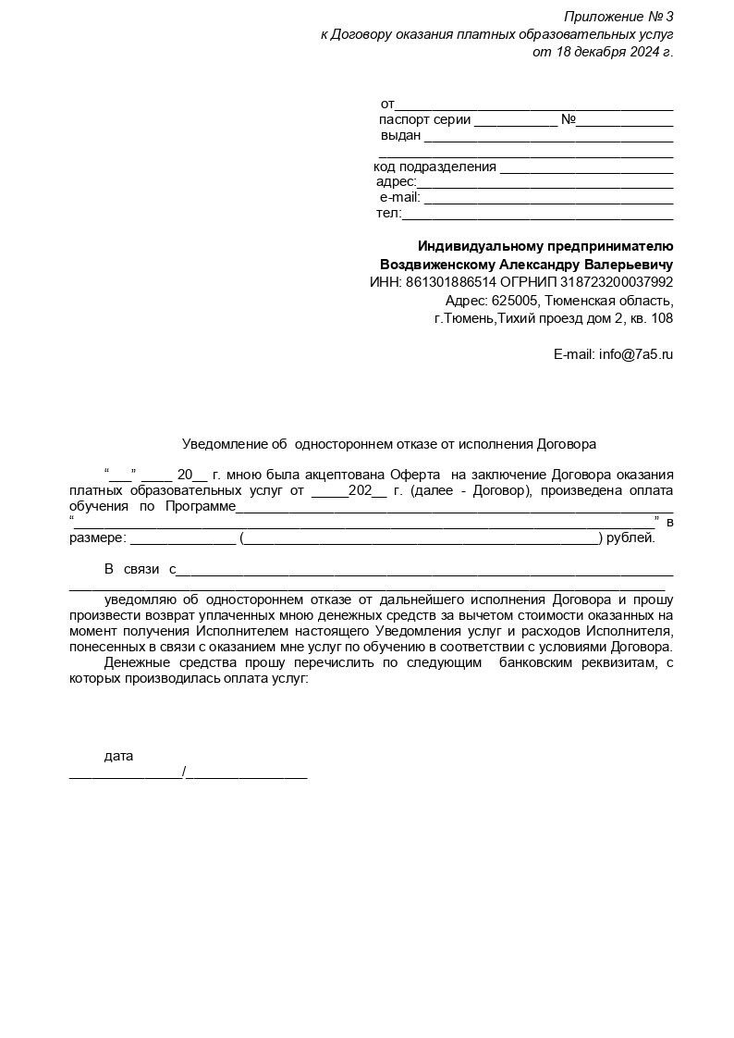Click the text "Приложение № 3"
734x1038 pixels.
point(618,17)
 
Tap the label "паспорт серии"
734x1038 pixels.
point(425,120)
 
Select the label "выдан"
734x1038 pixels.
point(400,136)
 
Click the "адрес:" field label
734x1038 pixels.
point(396,182)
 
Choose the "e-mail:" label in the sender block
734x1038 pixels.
point(399,198)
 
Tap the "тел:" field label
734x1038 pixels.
point(388,214)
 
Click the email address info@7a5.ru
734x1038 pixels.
point(636,354)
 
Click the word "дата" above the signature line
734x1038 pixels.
point(118,756)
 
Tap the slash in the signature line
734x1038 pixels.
point(185,772)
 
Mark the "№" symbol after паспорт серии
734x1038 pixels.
point(569,120)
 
